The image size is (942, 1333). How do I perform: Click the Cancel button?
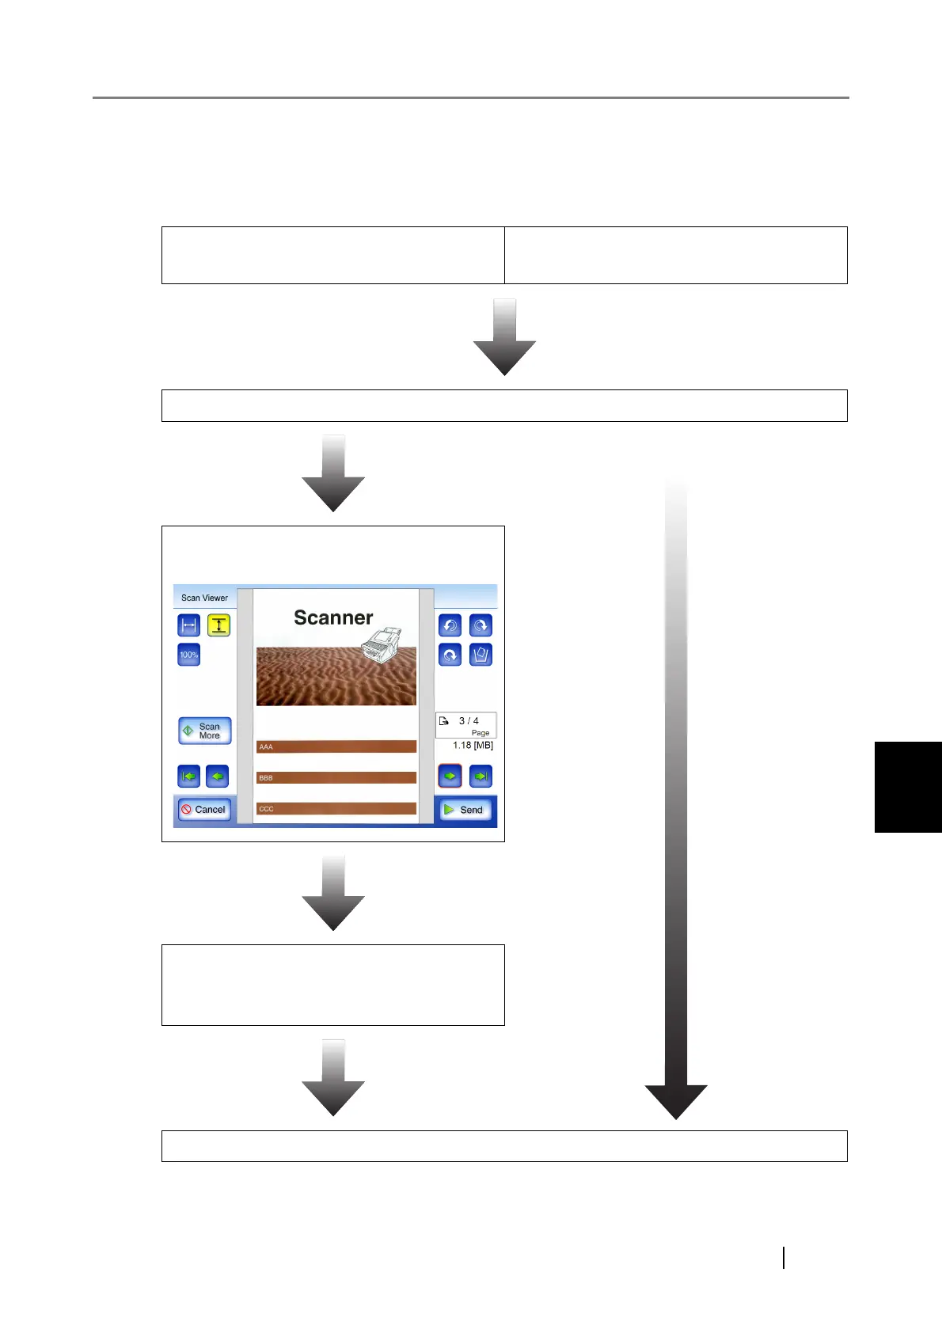(204, 809)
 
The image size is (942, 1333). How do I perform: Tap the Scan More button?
(204, 731)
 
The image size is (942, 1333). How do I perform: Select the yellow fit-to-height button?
(218, 625)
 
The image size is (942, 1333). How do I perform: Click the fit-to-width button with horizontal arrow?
(188, 625)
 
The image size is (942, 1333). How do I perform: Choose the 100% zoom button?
(188, 655)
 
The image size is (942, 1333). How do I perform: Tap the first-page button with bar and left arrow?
(188, 777)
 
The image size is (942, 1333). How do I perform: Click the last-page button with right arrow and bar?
(480, 777)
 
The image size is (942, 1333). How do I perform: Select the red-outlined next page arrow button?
(450, 777)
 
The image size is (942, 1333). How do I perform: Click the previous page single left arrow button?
(217, 777)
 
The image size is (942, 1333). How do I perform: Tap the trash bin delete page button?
(480, 655)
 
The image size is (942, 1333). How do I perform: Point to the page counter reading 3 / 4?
(469, 721)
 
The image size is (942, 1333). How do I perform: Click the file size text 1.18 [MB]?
(473, 746)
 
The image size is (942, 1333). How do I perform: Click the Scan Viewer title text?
(204, 598)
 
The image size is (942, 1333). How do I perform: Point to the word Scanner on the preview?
(333, 617)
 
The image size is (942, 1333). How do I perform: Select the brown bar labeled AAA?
(336, 746)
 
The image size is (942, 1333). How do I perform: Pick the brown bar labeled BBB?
(336, 777)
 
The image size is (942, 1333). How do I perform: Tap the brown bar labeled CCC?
(336, 808)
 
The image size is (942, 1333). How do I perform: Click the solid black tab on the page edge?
(908, 787)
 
